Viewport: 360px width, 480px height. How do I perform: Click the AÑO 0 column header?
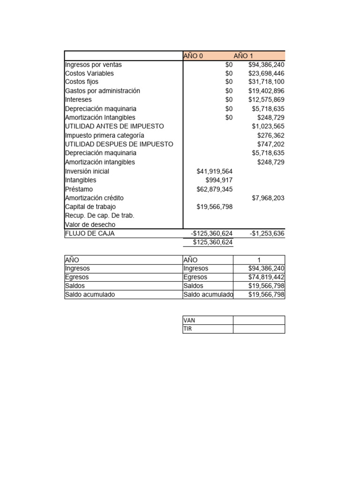[x=193, y=56]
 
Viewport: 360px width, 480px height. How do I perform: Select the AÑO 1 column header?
[x=243, y=56]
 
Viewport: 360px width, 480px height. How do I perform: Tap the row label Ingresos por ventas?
[x=93, y=65]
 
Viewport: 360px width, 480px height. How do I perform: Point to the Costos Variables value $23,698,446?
[x=266, y=74]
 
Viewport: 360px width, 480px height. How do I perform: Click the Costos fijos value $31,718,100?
[x=266, y=82]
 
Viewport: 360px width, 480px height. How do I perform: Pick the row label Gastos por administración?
[x=102, y=91]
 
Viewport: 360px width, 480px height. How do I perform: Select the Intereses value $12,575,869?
[x=266, y=100]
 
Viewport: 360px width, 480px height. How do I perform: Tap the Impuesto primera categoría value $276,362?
[x=270, y=135]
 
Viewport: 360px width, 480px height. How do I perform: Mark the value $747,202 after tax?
[x=270, y=144]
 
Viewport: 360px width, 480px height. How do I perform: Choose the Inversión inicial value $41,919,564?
[x=214, y=172]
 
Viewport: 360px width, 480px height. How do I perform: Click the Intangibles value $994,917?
[x=219, y=180]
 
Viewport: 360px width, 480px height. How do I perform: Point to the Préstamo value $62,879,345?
[x=214, y=189]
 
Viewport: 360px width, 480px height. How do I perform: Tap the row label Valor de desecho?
[x=90, y=225]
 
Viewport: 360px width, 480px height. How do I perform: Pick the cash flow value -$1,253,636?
[x=267, y=233]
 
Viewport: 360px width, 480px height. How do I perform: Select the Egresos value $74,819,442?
[x=266, y=277]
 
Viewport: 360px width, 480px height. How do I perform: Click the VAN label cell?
[x=207, y=320]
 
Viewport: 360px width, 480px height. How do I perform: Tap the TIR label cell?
[x=207, y=329]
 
